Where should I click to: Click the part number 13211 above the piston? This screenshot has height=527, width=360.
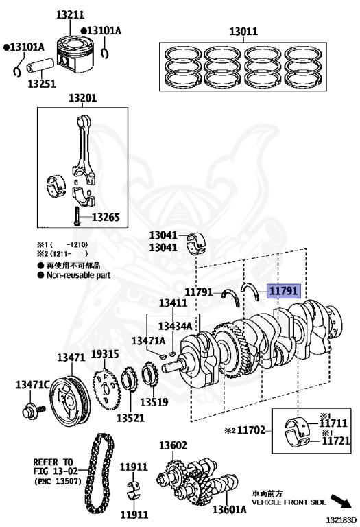tap(70, 14)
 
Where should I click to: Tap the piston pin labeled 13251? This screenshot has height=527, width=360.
tap(40, 65)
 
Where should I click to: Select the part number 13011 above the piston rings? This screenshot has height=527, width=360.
tap(243, 32)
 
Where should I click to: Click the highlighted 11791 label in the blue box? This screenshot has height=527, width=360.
tap(284, 290)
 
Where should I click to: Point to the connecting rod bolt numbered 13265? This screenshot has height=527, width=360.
tap(77, 215)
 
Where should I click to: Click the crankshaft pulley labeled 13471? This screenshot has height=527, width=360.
tap(70, 401)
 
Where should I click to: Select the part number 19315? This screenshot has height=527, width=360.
tap(105, 353)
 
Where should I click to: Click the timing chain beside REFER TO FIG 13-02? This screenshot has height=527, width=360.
tap(99, 473)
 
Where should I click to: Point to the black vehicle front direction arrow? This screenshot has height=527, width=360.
tap(341, 501)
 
